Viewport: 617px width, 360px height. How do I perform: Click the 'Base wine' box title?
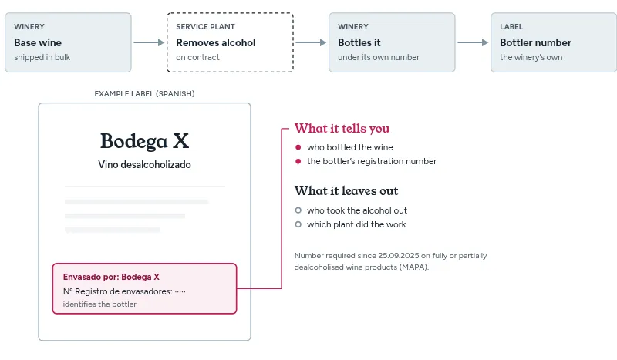tap(38, 42)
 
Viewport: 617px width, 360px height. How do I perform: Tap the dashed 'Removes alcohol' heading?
tap(216, 42)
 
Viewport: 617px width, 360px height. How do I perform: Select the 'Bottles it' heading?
tap(359, 42)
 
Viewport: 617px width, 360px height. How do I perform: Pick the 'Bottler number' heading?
tap(535, 42)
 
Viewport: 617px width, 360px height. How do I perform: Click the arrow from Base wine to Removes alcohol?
tap(149, 42)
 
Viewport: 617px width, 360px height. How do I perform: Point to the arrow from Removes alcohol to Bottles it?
tap(311, 42)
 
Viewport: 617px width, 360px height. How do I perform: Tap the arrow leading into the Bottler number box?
tap(473, 42)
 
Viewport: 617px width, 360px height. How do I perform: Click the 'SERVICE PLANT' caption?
tap(205, 27)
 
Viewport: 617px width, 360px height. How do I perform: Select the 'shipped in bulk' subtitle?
tap(42, 58)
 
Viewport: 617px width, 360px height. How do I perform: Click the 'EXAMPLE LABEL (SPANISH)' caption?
tap(144, 93)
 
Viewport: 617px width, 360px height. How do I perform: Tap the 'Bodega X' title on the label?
tap(144, 141)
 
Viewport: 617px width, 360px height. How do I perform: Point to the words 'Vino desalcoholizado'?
tap(144, 164)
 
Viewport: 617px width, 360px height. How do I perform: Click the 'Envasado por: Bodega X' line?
tap(111, 277)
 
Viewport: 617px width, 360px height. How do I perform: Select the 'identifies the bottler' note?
tap(99, 304)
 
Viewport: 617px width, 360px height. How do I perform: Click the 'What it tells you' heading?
tap(342, 128)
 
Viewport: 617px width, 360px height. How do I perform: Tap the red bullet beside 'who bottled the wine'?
tap(298, 147)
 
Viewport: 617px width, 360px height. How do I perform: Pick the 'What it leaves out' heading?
tap(346, 191)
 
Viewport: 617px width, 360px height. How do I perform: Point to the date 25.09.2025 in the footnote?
tap(398, 256)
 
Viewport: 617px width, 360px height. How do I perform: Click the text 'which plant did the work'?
tap(356, 224)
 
